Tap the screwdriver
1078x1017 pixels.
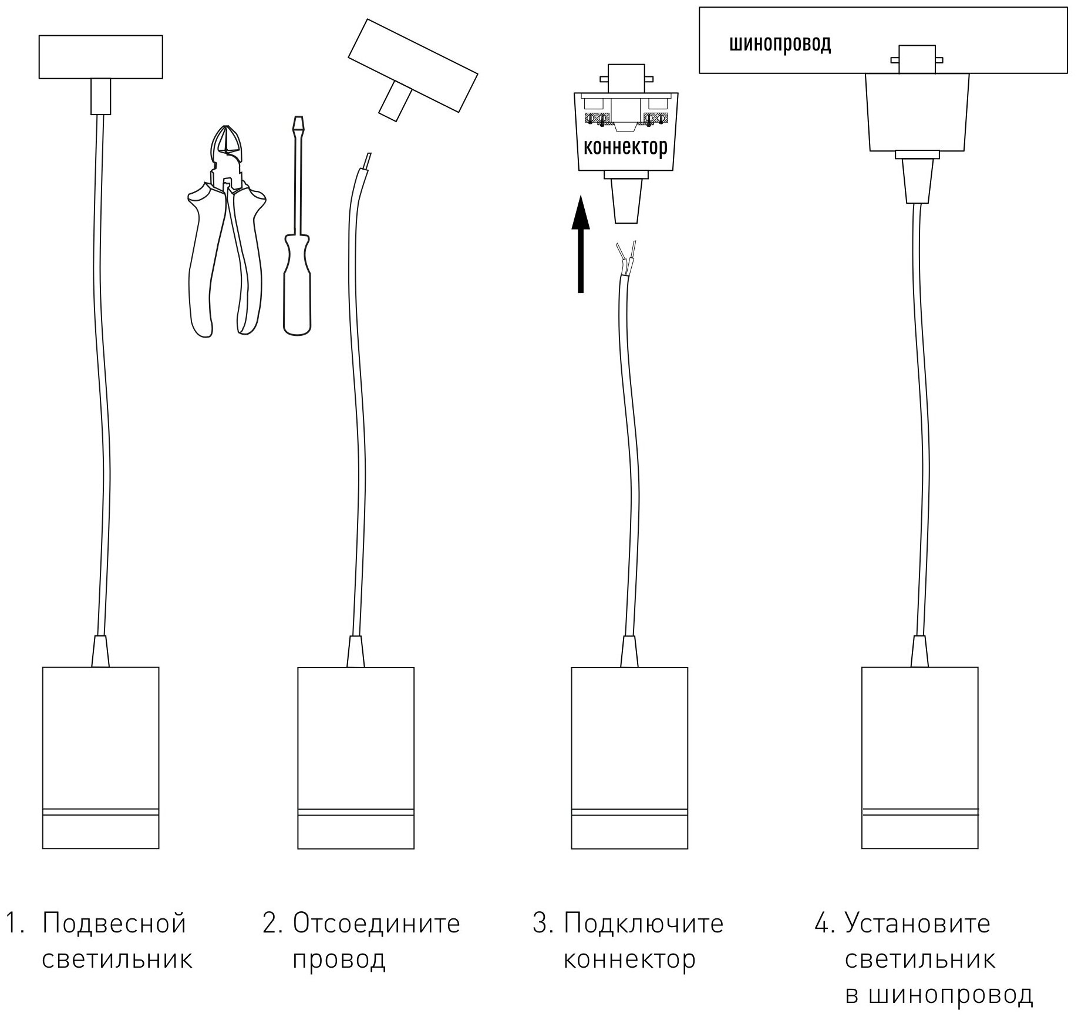pyautogui.click(x=297, y=235)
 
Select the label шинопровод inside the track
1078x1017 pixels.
pyautogui.click(x=780, y=43)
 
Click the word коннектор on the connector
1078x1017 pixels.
pyautogui.click(x=625, y=147)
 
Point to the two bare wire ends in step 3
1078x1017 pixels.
pyautogui.click(x=626, y=258)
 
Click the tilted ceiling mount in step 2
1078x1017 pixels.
pyautogui.click(x=412, y=66)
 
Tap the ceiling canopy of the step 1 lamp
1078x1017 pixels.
pyautogui.click(x=100, y=57)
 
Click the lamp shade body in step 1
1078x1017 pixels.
pyautogui.click(x=100, y=757)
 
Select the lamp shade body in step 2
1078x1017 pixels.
pyautogui.click(x=355, y=757)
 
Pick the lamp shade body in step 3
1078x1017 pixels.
pyautogui.click(x=629, y=757)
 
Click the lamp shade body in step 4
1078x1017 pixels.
pyautogui.click(x=919, y=757)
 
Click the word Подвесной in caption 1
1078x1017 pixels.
pyautogui.click(x=114, y=924)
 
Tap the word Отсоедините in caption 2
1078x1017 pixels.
pyautogui.click(x=376, y=924)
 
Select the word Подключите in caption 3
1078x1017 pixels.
pyautogui.click(x=644, y=924)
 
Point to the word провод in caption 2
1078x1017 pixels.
pyautogui.click(x=339, y=960)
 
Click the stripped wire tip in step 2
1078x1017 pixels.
pyautogui.click(x=367, y=161)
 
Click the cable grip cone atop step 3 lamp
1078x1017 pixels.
pyautogui.click(x=629, y=652)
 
